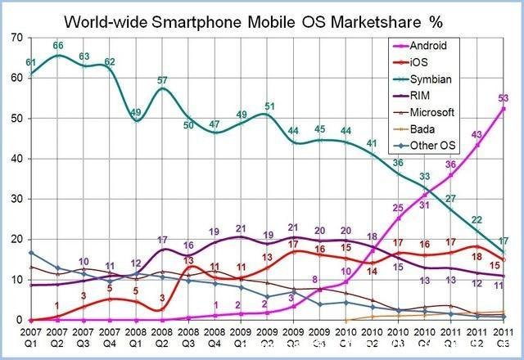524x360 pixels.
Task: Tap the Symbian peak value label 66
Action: coord(58,46)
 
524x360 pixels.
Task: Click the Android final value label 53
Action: coord(503,98)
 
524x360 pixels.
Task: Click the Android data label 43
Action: coord(476,135)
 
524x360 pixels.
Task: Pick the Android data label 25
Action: coord(398,208)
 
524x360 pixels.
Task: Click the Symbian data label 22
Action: coord(476,220)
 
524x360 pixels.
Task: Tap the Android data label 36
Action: coord(449,165)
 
